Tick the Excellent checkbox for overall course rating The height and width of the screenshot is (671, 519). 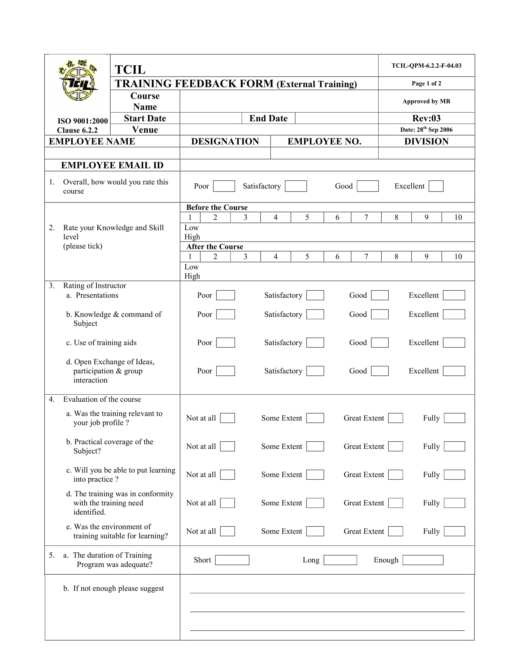436,186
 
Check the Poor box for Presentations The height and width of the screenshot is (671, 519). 225,295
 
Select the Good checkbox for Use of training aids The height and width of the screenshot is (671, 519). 379,343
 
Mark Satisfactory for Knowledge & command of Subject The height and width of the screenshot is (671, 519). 315,314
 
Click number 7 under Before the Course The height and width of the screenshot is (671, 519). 366,217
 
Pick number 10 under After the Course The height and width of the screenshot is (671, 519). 458,257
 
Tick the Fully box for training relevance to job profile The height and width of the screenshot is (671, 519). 454,418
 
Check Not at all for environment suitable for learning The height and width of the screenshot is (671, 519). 227,531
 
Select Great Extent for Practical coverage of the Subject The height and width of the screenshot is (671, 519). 395,447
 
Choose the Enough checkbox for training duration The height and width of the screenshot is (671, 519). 423,560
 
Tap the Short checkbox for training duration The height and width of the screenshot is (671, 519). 232,560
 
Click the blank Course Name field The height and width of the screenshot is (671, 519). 278,101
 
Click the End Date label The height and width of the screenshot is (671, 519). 268,118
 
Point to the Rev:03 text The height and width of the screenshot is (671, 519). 426,118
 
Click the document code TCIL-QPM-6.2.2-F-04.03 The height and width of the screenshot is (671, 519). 426,66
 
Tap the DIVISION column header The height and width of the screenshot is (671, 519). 426,141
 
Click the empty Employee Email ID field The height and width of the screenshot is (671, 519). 327,165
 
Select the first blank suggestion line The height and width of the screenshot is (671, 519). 327,590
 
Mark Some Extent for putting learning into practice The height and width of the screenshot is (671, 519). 315,475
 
